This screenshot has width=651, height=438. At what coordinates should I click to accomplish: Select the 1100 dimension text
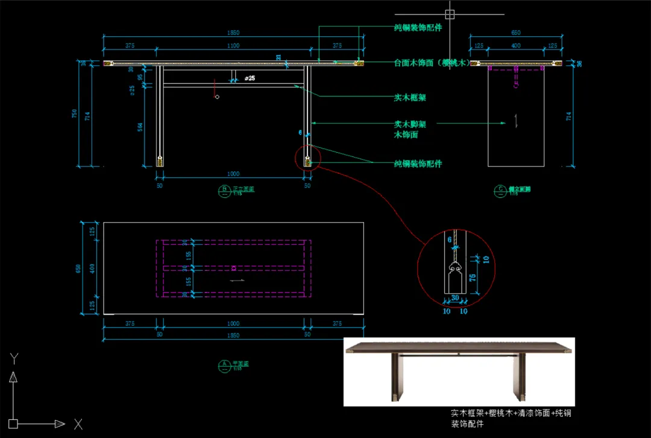233,45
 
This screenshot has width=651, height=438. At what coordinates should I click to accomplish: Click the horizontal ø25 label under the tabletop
250,78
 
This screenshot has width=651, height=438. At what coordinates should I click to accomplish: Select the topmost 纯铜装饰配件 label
418,28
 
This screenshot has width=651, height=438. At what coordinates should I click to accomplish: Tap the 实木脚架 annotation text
409,124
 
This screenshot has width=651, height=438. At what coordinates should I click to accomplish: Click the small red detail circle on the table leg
308,157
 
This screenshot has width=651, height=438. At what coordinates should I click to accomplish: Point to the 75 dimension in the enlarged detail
472,278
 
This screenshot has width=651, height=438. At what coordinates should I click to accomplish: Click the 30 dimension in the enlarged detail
455,297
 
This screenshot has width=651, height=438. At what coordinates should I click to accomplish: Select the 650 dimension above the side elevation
516,33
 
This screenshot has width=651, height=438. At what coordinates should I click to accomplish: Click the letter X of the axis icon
78,424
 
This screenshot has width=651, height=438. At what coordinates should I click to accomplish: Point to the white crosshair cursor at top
449,14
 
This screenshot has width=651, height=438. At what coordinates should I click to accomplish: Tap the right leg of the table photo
517,378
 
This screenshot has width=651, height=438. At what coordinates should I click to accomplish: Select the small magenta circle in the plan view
234,267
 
